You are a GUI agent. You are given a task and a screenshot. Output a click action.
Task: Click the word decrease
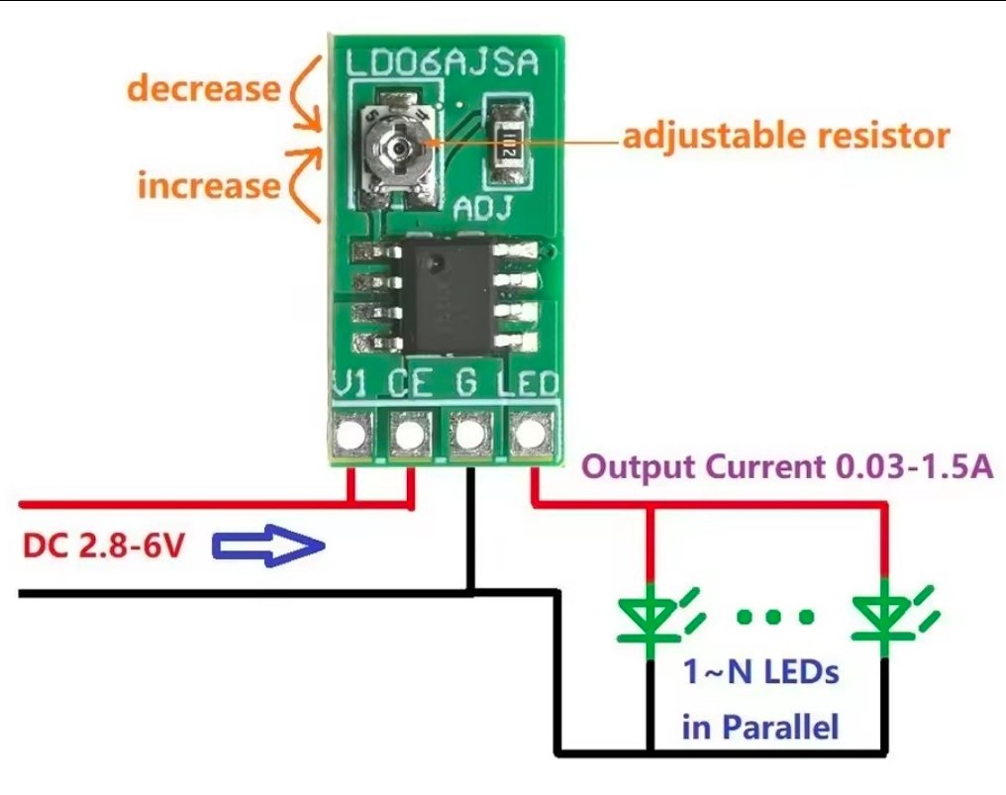203,88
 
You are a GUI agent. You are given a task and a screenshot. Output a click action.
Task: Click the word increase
209,185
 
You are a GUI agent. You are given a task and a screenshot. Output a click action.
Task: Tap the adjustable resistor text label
786,136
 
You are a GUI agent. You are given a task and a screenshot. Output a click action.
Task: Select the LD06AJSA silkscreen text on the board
442,63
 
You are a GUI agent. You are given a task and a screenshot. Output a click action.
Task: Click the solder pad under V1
352,436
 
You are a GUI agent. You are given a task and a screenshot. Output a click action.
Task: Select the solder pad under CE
410,436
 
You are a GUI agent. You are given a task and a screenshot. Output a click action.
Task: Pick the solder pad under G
470,436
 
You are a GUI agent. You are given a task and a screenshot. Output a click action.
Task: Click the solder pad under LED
530,435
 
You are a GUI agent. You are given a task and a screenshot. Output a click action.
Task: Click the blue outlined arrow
268,546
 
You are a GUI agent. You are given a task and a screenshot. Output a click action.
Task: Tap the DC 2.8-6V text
103,547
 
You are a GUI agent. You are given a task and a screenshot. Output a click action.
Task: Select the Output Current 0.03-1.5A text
787,466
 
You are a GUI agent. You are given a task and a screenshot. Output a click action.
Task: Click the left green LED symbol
652,618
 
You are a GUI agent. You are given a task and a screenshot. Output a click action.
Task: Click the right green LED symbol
886,618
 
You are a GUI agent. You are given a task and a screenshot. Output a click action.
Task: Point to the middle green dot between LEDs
774,617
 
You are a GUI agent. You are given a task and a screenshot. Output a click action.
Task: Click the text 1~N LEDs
760,672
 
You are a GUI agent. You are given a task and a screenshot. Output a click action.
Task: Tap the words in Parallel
760,727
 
